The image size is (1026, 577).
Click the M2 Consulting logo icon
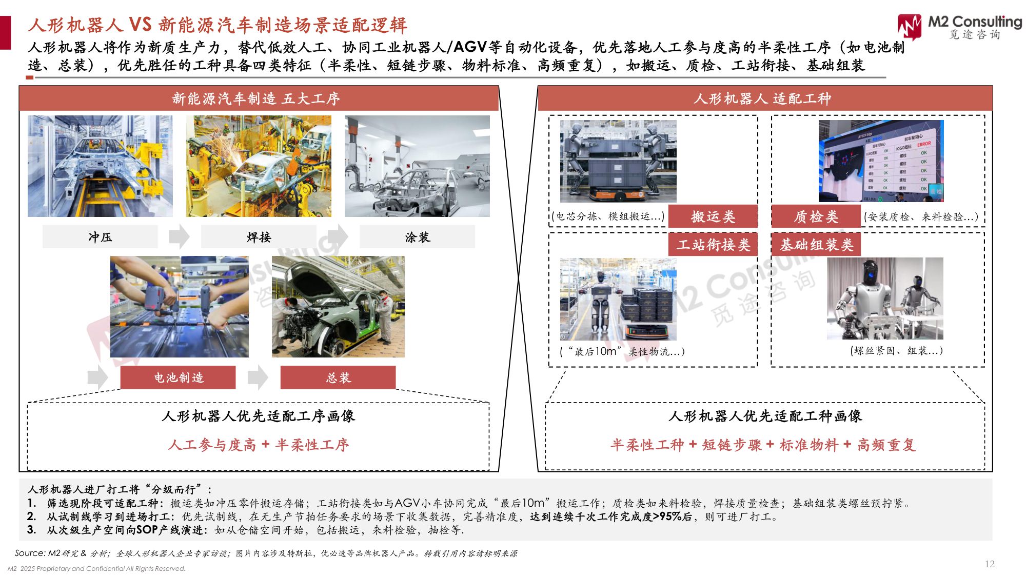(910, 26)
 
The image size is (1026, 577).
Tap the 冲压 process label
(100, 237)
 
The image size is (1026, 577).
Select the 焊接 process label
(259, 237)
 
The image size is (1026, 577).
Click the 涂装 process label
(417, 237)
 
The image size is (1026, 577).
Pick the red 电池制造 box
(178, 377)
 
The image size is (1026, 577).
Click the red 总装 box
(338, 377)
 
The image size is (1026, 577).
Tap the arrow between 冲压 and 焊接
(179, 236)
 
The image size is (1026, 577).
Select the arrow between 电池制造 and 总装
(258, 377)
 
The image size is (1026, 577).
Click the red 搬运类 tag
(713, 216)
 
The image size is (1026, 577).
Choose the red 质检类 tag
(816, 216)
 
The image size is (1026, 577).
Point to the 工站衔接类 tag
(713, 245)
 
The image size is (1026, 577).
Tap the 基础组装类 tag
(816, 245)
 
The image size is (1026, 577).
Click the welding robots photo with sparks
(259, 166)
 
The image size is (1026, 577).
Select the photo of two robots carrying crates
(618, 161)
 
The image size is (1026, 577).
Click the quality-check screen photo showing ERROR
(881, 161)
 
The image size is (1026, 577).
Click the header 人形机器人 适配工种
(762, 98)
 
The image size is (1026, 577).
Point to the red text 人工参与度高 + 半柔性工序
(258, 445)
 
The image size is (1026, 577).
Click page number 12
(990, 564)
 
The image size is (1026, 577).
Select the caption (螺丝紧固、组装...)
(896, 351)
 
